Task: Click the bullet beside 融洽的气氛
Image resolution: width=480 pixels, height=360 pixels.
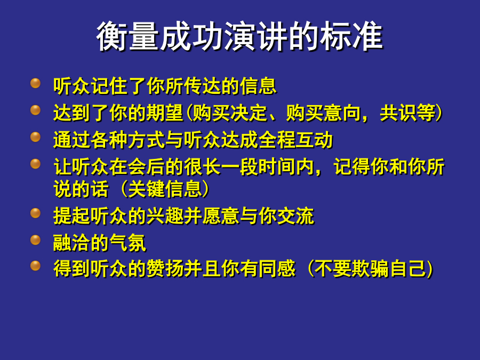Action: tap(36, 240)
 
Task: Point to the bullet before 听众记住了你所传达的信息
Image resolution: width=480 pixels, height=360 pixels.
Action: tap(36, 83)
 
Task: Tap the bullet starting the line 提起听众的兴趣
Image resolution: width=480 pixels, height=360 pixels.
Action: tap(36, 213)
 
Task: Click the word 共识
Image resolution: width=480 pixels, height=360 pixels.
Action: tap(398, 113)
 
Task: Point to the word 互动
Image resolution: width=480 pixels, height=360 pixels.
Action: tap(314, 140)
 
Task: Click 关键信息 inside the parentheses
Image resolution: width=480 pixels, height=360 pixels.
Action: tap(165, 189)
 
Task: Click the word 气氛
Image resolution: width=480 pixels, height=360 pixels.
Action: tap(128, 243)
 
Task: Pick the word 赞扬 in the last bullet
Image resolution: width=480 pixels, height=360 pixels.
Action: tap(165, 268)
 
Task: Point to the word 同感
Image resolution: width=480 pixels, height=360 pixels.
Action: tap(277, 268)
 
